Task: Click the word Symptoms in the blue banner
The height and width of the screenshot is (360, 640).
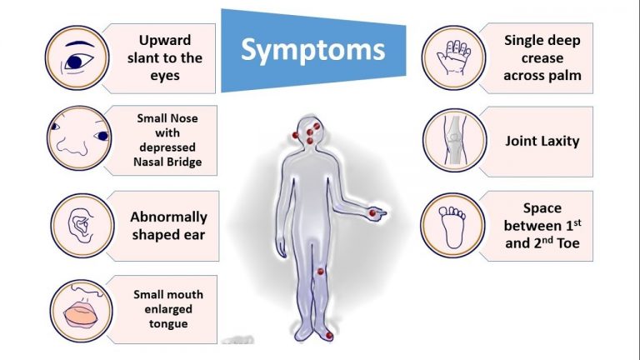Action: click(313, 51)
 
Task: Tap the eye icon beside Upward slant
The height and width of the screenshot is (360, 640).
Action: click(77, 57)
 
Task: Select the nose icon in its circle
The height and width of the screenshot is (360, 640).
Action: click(79, 137)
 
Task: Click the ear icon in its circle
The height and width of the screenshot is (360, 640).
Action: click(82, 226)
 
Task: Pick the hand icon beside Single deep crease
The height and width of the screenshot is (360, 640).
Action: click(454, 57)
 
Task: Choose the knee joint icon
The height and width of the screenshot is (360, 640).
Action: click(455, 140)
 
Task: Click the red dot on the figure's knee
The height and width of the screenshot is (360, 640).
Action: click(321, 272)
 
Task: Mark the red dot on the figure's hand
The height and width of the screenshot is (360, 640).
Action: click(372, 213)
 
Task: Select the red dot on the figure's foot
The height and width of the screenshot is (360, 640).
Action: click(329, 336)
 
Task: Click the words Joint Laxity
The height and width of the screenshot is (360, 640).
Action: click(542, 141)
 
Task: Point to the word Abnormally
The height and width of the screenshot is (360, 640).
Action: click(168, 217)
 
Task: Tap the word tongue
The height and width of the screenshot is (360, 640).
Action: click(168, 324)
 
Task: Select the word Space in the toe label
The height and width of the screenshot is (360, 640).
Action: click(542, 208)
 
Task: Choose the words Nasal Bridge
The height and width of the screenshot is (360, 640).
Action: click(167, 162)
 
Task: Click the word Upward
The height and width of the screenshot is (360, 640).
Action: click(165, 40)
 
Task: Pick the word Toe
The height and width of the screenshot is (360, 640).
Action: click(568, 243)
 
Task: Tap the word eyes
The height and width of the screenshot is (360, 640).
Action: click(165, 77)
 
